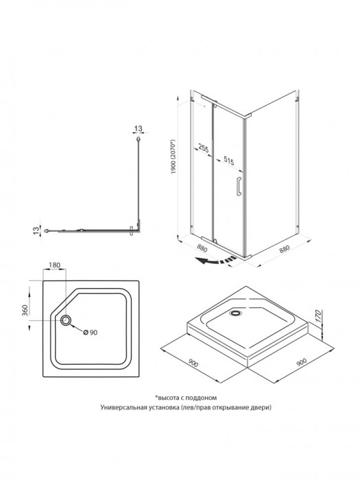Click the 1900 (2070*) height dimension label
(x=173, y=157)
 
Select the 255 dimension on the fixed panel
(x=203, y=148)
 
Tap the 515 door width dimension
(x=228, y=160)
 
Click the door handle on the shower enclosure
(x=239, y=186)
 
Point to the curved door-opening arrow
(x=216, y=261)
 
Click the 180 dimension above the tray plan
(x=54, y=265)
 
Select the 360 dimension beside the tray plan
(x=25, y=310)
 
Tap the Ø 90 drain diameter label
(x=91, y=333)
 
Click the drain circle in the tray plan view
(x=66, y=320)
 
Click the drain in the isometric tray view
(x=235, y=313)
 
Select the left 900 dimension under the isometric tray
(x=193, y=363)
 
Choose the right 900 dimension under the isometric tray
(x=301, y=362)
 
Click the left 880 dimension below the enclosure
(x=202, y=248)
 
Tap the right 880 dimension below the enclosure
(x=284, y=250)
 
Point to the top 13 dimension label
(x=139, y=129)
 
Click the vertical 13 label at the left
(x=36, y=230)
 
